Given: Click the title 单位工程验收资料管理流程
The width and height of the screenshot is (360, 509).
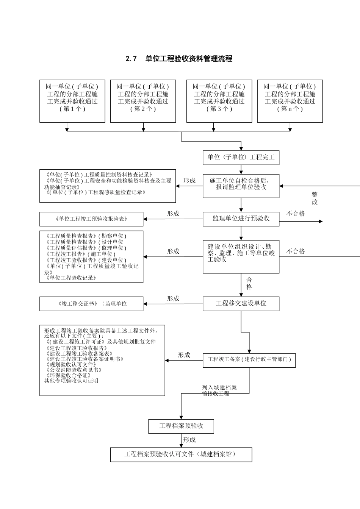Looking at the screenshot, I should pyautogui.click(x=179, y=59).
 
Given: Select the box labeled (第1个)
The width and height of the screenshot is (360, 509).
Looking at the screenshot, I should pyautogui.click(x=72, y=101).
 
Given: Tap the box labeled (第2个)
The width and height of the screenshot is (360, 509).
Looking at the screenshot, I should pyautogui.click(x=143, y=101).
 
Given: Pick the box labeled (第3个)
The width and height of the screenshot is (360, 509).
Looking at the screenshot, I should pyautogui.click(x=219, y=101).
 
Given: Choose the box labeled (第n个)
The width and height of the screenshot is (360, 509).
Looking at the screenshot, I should pyautogui.click(x=290, y=101).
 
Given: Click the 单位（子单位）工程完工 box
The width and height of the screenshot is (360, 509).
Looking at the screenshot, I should pyautogui.click(x=241, y=157).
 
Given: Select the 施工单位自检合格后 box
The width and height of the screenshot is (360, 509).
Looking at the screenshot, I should pyautogui.click(x=241, y=186).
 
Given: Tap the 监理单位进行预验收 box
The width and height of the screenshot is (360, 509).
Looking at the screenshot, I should pyautogui.click(x=241, y=219).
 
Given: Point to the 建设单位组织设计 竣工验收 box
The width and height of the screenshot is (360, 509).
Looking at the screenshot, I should pyautogui.click(x=241, y=256).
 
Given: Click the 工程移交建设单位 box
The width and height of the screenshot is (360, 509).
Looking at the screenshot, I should pyautogui.click(x=241, y=303).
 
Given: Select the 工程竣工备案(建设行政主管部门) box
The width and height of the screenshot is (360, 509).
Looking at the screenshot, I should pyautogui.click(x=249, y=359).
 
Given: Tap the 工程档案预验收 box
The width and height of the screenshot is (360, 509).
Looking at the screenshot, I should pyautogui.click(x=181, y=426).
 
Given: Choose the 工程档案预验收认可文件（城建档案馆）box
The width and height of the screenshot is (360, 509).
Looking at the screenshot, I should pyautogui.click(x=181, y=454).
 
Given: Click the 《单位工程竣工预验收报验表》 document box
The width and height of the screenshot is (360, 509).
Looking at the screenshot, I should pyautogui.click(x=91, y=219).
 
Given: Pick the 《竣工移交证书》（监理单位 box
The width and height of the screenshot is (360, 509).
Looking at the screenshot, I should pyautogui.click(x=91, y=304).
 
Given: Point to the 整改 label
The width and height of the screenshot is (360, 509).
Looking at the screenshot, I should pyautogui.click(x=315, y=198).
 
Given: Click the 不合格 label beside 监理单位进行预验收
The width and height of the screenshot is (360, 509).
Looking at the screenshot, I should pyautogui.click(x=296, y=214).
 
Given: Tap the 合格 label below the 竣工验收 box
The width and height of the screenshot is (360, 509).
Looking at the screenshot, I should pyautogui.click(x=249, y=283).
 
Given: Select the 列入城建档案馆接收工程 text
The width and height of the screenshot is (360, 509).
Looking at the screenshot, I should pyautogui.click(x=219, y=390).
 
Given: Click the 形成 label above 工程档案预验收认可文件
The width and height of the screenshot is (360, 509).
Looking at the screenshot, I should pyautogui.click(x=189, y=440).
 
